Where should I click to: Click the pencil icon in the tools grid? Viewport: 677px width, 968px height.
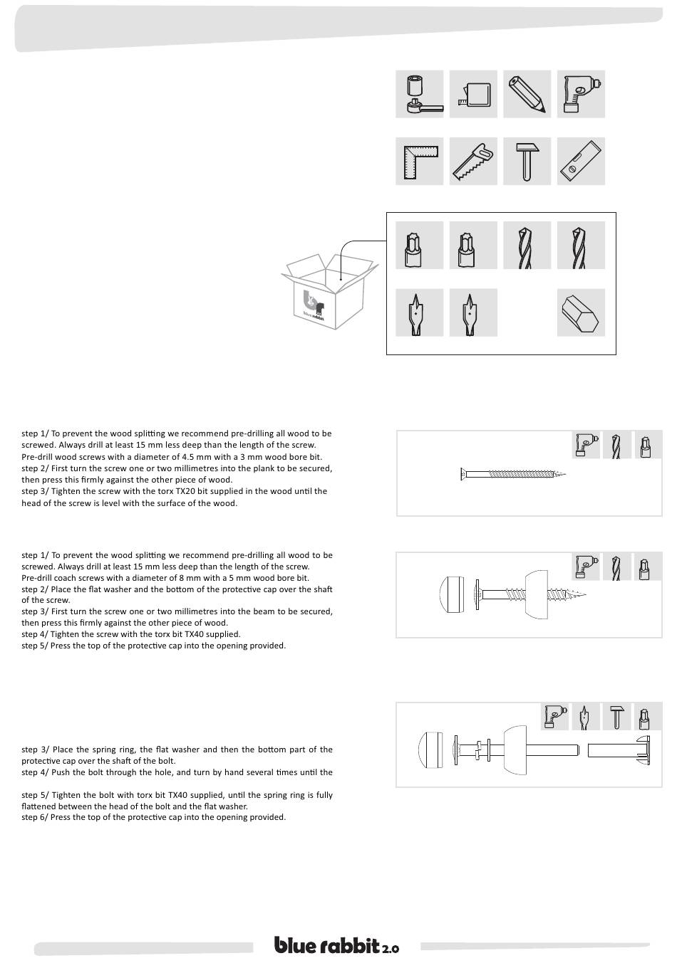[x=527, y=94]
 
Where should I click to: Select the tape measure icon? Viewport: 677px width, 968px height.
[x=474, y=94]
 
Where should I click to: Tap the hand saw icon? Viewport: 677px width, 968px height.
[x=474, y=162]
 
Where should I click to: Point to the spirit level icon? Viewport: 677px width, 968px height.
[x=581, y=162]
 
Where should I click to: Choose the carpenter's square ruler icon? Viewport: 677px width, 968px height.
[x=420, y=162]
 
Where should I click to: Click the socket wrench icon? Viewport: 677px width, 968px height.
[x=420, y=94]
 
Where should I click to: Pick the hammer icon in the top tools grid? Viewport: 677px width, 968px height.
[x=527, y=162]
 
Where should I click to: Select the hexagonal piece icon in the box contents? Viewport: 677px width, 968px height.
[x=581, y=312]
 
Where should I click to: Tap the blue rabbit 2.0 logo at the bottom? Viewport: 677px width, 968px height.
[x=337, y=946]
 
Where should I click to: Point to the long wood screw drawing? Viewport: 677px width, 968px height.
[x=513, y=474]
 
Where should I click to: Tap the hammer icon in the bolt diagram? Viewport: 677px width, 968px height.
[x=617, y=716]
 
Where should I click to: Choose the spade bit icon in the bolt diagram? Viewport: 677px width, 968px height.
[x=584, y=716]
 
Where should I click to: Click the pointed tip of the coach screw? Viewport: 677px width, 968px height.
[x=589, y=595]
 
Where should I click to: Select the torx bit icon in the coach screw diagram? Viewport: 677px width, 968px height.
[x=645, y=567]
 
